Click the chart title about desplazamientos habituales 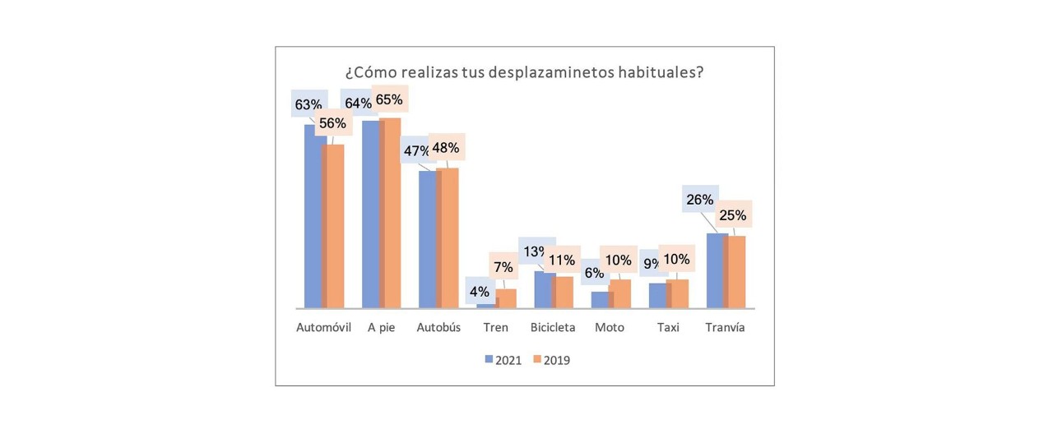click(524, 71)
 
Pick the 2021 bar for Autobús click(427, 239)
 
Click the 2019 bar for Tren click(508, 298)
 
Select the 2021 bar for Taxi click(657, 296)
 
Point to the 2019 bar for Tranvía click(736, 272)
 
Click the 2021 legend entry click(503, 360)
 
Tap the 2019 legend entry click(552, 360)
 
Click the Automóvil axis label click(323, 327)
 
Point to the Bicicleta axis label click(553, 327)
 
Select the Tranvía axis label click(725, 327)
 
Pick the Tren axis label click(496, 327)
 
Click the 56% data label click(332, 123)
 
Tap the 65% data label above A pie click(389, 100)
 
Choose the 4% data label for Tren click(479, 292)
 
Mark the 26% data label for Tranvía click(699, 200)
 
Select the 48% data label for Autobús click(445, 148)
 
